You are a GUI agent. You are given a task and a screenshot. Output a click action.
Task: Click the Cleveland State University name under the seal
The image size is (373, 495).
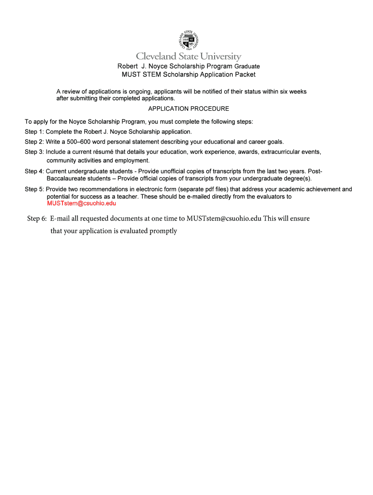pos(188,57)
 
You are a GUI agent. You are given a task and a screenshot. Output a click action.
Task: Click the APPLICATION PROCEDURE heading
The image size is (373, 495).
pos(188,109)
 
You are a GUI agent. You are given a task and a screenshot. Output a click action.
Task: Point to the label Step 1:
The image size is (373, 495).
pos(34,131)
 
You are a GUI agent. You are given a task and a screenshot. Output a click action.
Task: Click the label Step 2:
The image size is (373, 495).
pos(34,142)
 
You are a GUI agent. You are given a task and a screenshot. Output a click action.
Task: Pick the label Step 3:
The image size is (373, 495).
pos(34,152)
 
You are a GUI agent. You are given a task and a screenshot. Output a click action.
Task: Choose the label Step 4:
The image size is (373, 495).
pos(34,171)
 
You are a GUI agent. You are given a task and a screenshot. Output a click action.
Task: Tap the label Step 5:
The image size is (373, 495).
pos(34,189)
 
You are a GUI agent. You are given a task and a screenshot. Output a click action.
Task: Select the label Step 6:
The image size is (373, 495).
pos(37,218)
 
